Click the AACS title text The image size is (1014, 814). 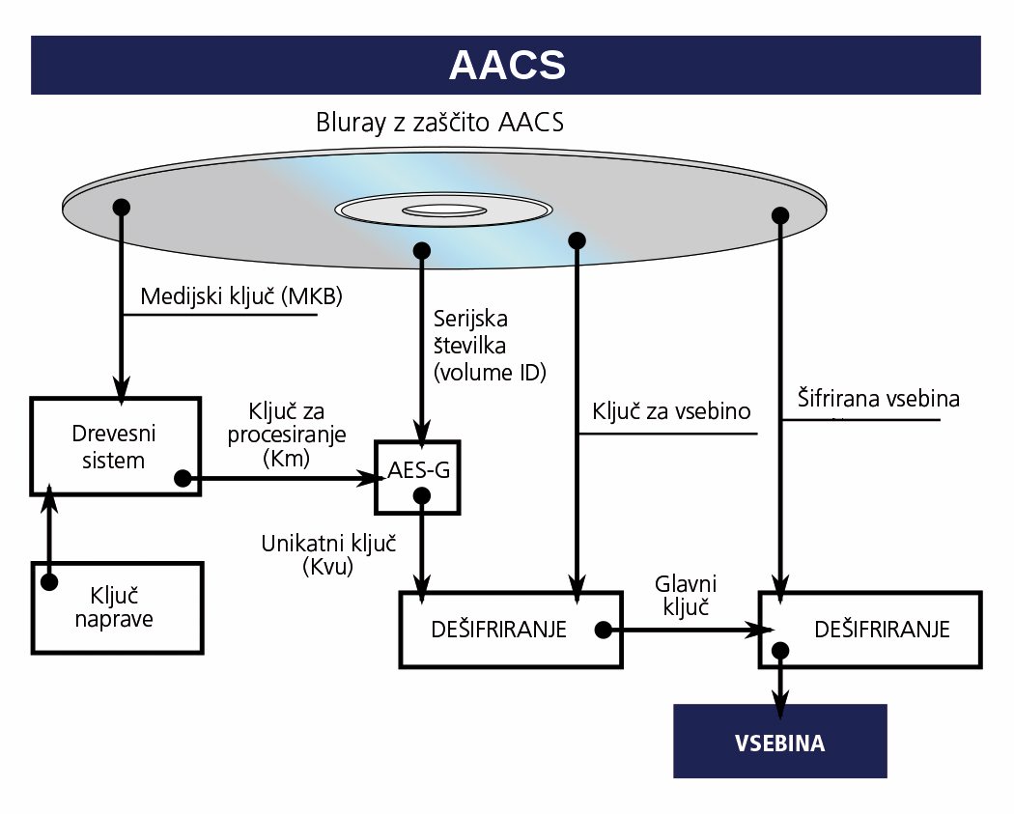(x=507, y=65)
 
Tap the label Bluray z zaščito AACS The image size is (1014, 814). (x=439, y=123)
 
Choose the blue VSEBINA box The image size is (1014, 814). (x=780, y=741)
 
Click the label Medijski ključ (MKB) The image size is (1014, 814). (x=241, y=296)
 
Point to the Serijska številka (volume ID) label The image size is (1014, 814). (x=490, y=346)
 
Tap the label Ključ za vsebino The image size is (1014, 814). (x=671, y=411)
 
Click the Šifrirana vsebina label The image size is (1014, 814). (x=878, y=398)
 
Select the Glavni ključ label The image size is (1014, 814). (x=686, y=595)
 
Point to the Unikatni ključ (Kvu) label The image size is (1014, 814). (x=328, y=554)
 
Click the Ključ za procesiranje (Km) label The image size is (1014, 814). (x=287, y=435)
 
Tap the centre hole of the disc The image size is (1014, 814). (x=444, y=211)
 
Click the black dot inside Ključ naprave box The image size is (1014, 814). (x=49, y=582)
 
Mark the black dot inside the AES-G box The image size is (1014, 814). (x=422, y=496)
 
